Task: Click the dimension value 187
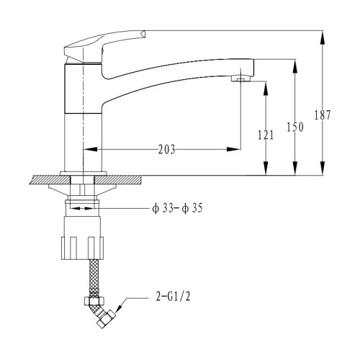coord(323,115)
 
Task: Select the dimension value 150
coord(295,127)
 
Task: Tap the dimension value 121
coord(266,135)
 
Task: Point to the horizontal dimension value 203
coord(166,150)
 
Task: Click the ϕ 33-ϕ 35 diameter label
coord(177,208)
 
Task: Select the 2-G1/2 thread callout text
coord(173,297)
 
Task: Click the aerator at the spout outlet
coord(240,78)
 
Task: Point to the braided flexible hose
coord(94,279)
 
